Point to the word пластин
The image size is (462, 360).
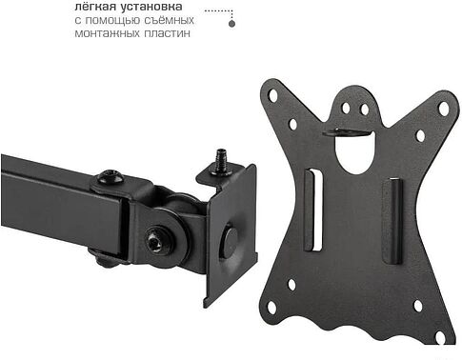point(167,33)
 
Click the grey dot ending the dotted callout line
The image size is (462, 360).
point(232,24)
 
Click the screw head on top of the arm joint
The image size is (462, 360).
point(110,176)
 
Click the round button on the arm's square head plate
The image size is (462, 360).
point(230,240)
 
